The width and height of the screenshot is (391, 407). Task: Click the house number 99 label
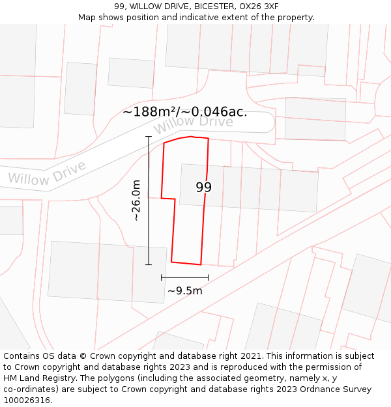[x=203, y=188]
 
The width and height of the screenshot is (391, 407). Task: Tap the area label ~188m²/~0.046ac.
[x=185, y=111]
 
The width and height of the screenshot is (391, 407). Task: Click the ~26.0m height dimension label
[x=136, y=200]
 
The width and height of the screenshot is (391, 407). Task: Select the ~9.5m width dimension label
[x=185, y=290]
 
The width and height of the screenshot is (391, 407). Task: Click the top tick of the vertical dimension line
[x=149, y=137]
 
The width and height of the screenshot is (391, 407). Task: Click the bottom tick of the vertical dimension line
[x=149, y=264]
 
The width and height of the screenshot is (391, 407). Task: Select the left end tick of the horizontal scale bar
[x=162, y=277]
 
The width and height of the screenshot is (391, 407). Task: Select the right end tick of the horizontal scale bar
[x=209, y=277]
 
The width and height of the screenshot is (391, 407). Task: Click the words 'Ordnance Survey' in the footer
[x=336, y=389]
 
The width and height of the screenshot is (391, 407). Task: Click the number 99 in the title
[x=119, y=7]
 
